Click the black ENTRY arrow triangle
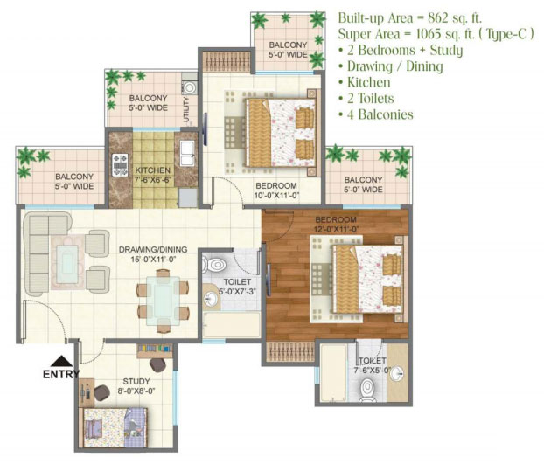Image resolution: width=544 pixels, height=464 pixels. click(x=61, y=361)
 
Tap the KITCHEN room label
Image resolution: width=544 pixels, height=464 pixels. click(x=153, y=170)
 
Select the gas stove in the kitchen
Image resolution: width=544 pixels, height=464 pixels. click(x=120, y=164)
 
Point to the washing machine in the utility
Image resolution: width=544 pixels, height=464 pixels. click(x=190, y=87)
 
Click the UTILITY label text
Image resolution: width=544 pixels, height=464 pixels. click(x=186, y=109)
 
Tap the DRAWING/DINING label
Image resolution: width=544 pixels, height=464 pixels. click(x=153, y=250)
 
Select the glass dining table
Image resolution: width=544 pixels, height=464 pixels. click(x=163, y=301)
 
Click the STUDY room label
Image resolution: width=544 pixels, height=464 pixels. click(x=136, y=382)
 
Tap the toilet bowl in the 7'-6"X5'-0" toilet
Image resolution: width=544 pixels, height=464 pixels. click(x=367, y=391)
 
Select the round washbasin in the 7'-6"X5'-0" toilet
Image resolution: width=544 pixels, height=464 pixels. click(x=396, y=374)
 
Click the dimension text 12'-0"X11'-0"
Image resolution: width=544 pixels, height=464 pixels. click(x=336, y=229)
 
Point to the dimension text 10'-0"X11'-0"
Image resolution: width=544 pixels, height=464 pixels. click(x=276, y=196)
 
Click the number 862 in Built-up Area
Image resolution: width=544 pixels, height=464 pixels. click(x=440, y=17)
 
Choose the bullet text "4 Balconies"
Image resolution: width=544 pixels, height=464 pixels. click(x=380, y=114)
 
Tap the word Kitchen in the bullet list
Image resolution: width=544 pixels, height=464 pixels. click(x=369, y=82)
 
